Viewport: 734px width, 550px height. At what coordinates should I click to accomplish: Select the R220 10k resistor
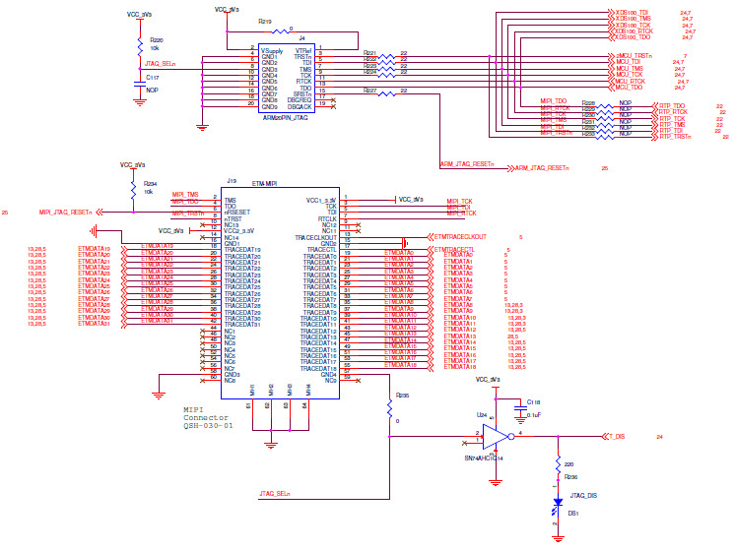click(140, 43)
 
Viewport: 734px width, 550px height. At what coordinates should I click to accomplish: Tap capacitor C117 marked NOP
click(140, 85)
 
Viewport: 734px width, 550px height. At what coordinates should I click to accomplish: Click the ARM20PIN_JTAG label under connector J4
click(287, 117)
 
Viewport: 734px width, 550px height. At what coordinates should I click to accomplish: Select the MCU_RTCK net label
click(629, 81)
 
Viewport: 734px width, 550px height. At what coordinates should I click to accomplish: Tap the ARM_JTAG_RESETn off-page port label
click(541, 168)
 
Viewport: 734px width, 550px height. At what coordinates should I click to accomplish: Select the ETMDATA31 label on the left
click(98, 322)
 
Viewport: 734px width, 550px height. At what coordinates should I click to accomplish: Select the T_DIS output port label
click(617, 435)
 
